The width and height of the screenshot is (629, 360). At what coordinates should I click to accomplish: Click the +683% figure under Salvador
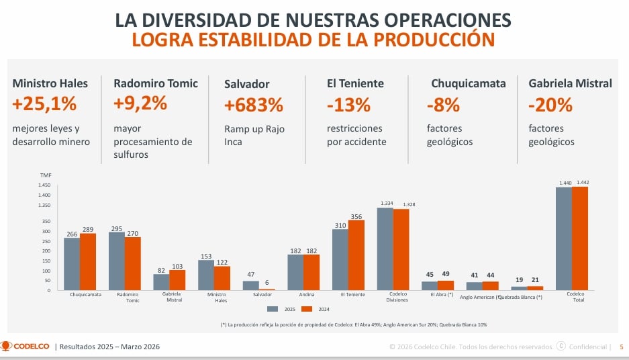[x=253, y=105]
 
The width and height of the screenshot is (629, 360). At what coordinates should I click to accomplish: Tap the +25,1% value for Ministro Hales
[x=44, y=104]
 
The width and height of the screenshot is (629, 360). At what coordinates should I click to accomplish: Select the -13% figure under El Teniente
[x=348, y=105]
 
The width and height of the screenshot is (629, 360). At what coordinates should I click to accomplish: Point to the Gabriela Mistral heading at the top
[x=570, y=83]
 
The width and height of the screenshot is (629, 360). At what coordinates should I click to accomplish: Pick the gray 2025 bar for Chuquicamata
[x=72, y=264]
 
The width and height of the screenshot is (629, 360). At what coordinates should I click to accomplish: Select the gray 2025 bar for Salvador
[x=250, y=285]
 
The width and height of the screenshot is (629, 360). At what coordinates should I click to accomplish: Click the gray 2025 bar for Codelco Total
[x=564, y=238]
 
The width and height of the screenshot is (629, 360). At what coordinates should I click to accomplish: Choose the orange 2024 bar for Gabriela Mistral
[x=177, y=280]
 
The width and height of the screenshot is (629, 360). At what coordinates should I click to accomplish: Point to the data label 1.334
[x=387, y=203]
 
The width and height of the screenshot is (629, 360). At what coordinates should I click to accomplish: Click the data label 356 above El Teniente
[x=356, y=216]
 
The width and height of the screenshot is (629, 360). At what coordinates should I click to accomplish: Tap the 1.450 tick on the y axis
[x=44, y=185]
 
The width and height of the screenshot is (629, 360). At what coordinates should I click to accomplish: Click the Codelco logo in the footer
[x=26, y=347]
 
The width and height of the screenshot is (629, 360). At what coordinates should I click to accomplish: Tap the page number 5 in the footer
[x=621, y=347]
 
